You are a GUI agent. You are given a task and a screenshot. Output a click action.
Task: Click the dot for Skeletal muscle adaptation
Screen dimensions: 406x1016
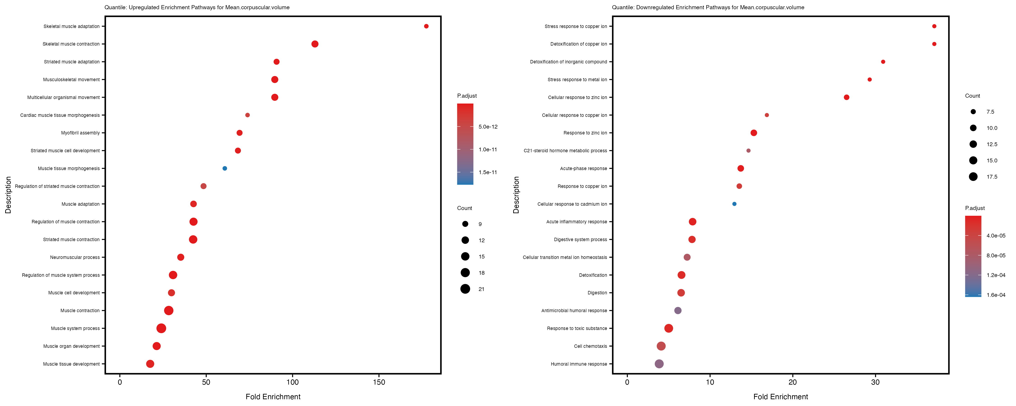(x=426, y=26)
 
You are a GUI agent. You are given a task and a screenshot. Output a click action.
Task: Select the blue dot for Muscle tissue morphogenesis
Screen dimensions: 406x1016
(x=224, y=168)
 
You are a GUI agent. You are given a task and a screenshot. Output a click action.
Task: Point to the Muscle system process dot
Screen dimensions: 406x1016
(x=161, y=328)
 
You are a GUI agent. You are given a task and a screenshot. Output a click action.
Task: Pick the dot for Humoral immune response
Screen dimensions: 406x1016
(x=659, y=364)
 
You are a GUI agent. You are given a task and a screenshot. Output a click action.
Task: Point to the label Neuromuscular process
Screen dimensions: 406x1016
(x=75, y=257)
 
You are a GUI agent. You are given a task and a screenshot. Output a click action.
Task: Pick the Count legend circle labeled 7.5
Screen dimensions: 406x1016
(x=973, y=112)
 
